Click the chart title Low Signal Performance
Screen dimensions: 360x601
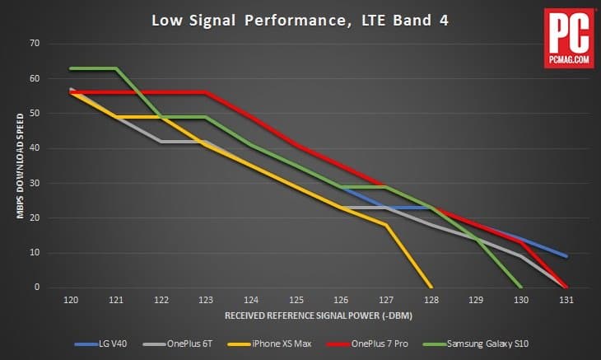tap(300, 20)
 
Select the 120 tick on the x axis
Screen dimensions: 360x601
tap(72, 302)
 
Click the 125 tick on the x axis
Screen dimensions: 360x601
tap(296, 302)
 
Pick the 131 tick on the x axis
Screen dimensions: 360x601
tap(566, 302)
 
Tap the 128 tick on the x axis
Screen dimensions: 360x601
tap(431, 302)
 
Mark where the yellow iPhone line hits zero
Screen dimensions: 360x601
tap(431, 287)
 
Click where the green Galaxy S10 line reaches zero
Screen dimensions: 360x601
tap(520, 287)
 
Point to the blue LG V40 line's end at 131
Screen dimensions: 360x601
tap(566, 256)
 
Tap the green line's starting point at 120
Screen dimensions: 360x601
tap(72, 68)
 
